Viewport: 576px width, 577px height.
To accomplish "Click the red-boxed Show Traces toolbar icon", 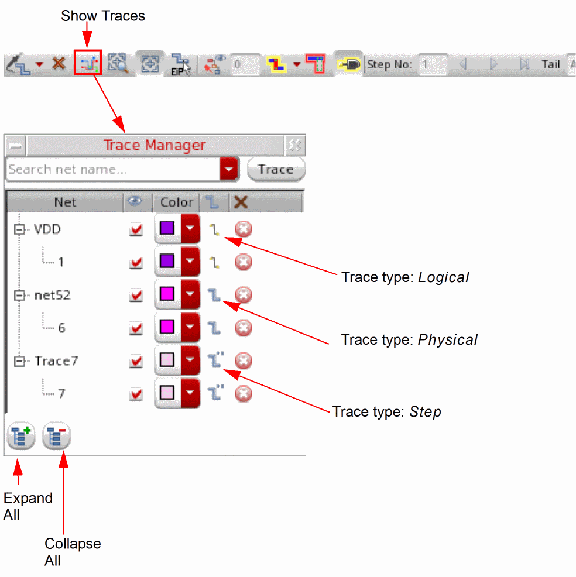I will coord(88,64).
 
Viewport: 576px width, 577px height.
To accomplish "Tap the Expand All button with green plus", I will coord(21,436).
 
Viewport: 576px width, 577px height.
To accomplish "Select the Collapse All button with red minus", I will coord(56,436).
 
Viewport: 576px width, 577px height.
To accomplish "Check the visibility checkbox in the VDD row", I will coord(136,230).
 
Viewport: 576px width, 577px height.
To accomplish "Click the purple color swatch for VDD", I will coord(167,228).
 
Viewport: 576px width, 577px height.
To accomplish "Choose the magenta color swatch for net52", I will coord(167,294).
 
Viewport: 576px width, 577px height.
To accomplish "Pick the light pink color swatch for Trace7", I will coord(167,360).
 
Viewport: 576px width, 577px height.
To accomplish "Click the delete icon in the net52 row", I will coord(243,295).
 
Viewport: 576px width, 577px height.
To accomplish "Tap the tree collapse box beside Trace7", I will coord(19,362).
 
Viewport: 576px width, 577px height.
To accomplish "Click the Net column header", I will coord(65,202).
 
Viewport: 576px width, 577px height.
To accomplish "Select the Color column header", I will coord(176,202).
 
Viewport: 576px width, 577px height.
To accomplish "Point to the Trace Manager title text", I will coord(155,145).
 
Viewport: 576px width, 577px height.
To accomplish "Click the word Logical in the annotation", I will coord(443,277).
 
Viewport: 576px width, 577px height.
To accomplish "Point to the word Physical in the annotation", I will coord(447,339).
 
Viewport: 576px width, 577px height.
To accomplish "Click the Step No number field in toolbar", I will coord(433,64).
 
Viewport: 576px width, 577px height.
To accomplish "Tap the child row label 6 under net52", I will coord(61,328).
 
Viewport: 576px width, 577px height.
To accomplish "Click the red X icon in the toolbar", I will coord(59,64).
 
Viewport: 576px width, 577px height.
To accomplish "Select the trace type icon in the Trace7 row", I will coord(216,360).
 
